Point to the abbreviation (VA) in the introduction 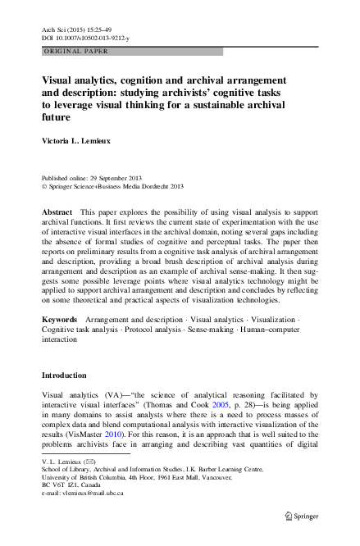[x=117, y=394]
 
